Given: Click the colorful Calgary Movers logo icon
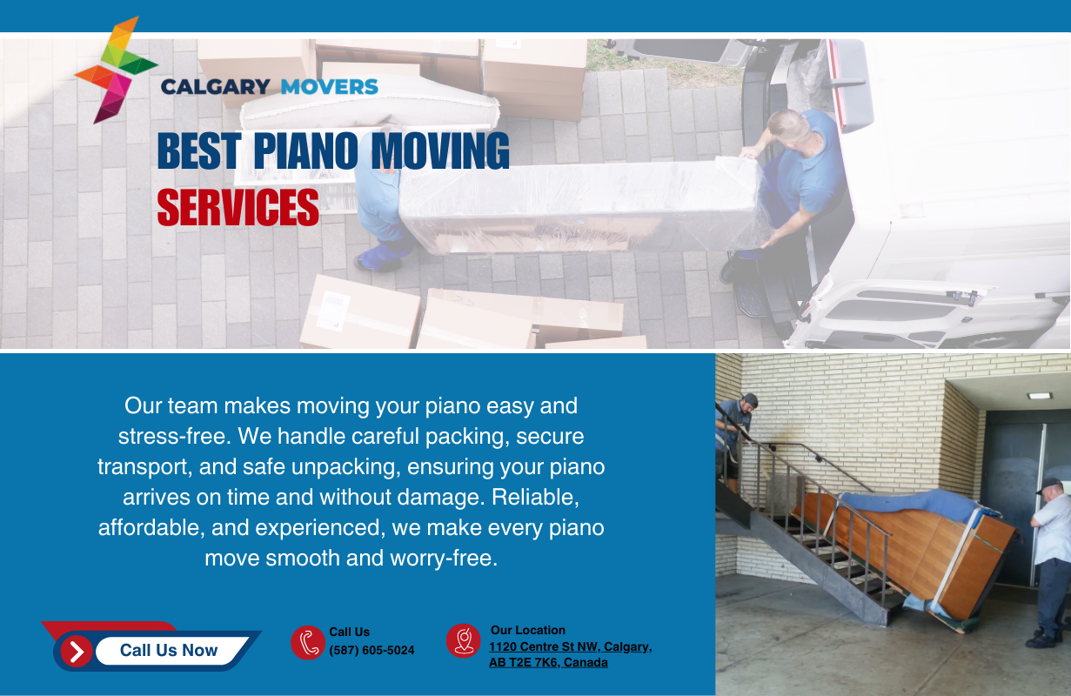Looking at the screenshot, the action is tap(117, 70).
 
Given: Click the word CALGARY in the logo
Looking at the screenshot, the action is tap(216, 87).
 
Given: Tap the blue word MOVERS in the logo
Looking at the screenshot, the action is tap(330, 87).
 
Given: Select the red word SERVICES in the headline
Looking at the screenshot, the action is tap(238, 207).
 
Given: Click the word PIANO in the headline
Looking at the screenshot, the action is tap(305, 151).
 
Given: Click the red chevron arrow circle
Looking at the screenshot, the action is tap(77, 651).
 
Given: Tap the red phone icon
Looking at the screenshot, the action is tap(308, 642).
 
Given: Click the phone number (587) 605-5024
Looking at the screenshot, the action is tap(372, 650).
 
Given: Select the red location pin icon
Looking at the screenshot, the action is tap(464, 641).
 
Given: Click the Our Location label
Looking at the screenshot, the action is tap(528, 630).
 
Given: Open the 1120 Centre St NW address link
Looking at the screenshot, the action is tap(571, 646).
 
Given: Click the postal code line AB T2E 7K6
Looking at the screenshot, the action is tap(548, 663).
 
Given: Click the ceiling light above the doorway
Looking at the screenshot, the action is tap(1040, 396).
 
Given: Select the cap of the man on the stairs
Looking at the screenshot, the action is tap(750, 399).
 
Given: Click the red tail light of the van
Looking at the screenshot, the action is tap(837, 85).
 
